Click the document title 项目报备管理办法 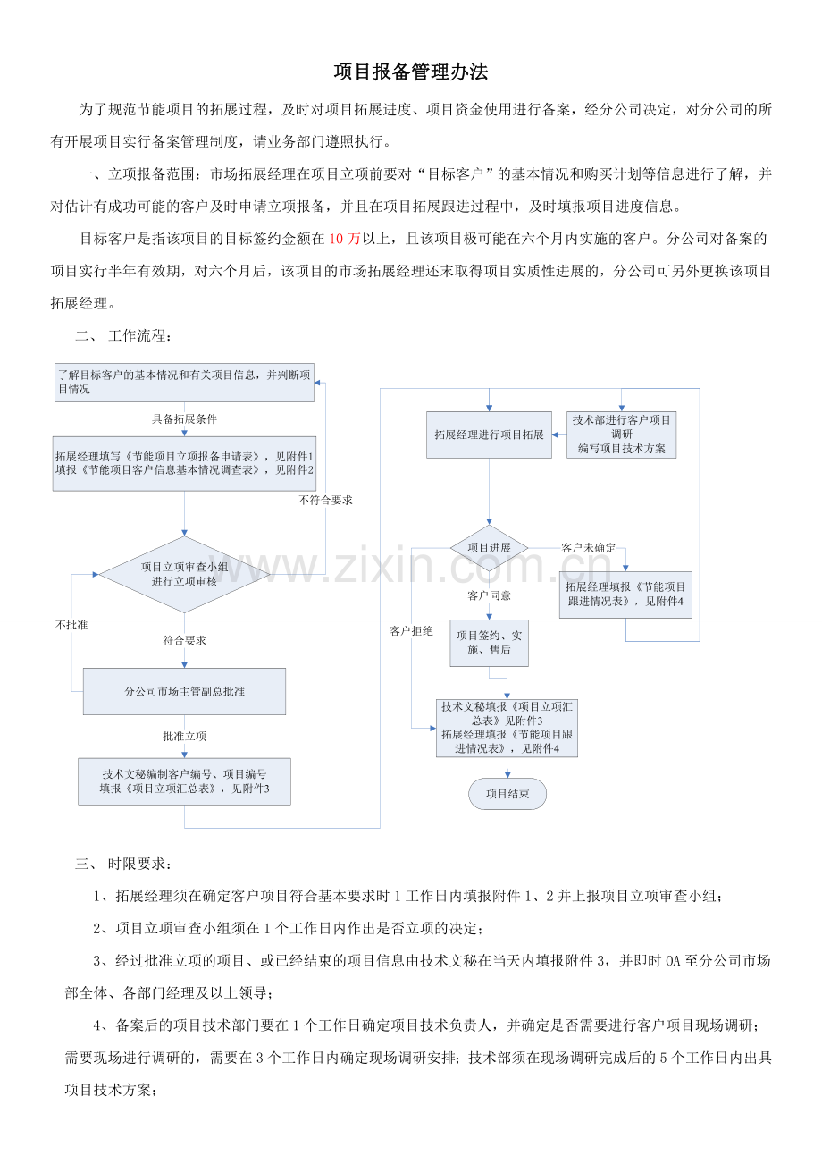point(411,72)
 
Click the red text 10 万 point(344,239)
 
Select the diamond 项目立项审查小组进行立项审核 point(184,574)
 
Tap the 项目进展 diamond point(489,548)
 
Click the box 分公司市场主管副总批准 point(184,691)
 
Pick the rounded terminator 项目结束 point(507,794)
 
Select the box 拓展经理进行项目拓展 point(489,434)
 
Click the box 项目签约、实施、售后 point(489,643)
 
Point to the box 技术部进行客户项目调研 point(621,434)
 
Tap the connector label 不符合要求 point(325,500)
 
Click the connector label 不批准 point(71,625)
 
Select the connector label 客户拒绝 point(411,631)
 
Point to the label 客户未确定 point(588,548)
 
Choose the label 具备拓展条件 point(184,418)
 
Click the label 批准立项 point(184,737)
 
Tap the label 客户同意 point(489,595)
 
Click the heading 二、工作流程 point(123,335)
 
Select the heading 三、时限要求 point(123,864)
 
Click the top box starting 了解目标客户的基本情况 point(184,383)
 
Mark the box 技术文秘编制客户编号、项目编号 point(184,781)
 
